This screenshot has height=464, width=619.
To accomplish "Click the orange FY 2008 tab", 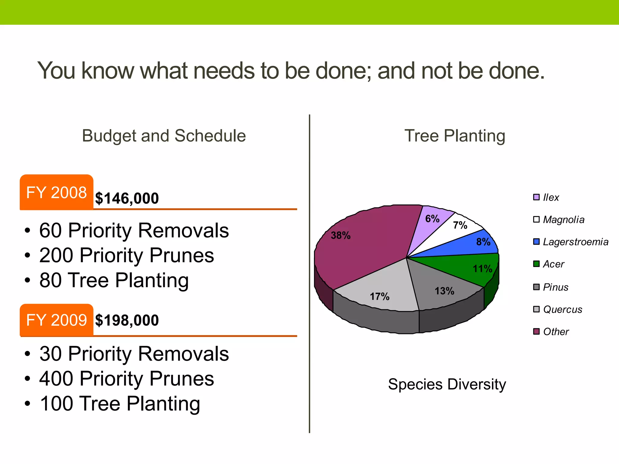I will [57, 192].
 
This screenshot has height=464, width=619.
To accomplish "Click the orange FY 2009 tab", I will [57, 320].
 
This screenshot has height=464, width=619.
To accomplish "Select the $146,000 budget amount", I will [127, 198].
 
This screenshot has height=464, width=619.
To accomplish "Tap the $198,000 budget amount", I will [127, 320].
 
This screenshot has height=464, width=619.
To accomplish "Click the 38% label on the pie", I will [341, 235].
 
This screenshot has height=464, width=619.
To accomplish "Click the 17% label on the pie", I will [380, 296].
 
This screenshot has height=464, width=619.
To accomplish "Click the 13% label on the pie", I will [444, 291].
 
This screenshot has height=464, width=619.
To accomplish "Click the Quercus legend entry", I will [562, 309].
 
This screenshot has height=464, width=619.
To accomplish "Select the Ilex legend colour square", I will [536, 197].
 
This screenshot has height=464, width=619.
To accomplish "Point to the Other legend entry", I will [556, 332].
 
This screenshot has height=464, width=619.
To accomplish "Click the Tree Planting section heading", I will [455, 136].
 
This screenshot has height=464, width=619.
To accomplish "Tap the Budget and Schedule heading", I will [164, 136].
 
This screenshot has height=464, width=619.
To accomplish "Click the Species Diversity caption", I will [447, 384].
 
